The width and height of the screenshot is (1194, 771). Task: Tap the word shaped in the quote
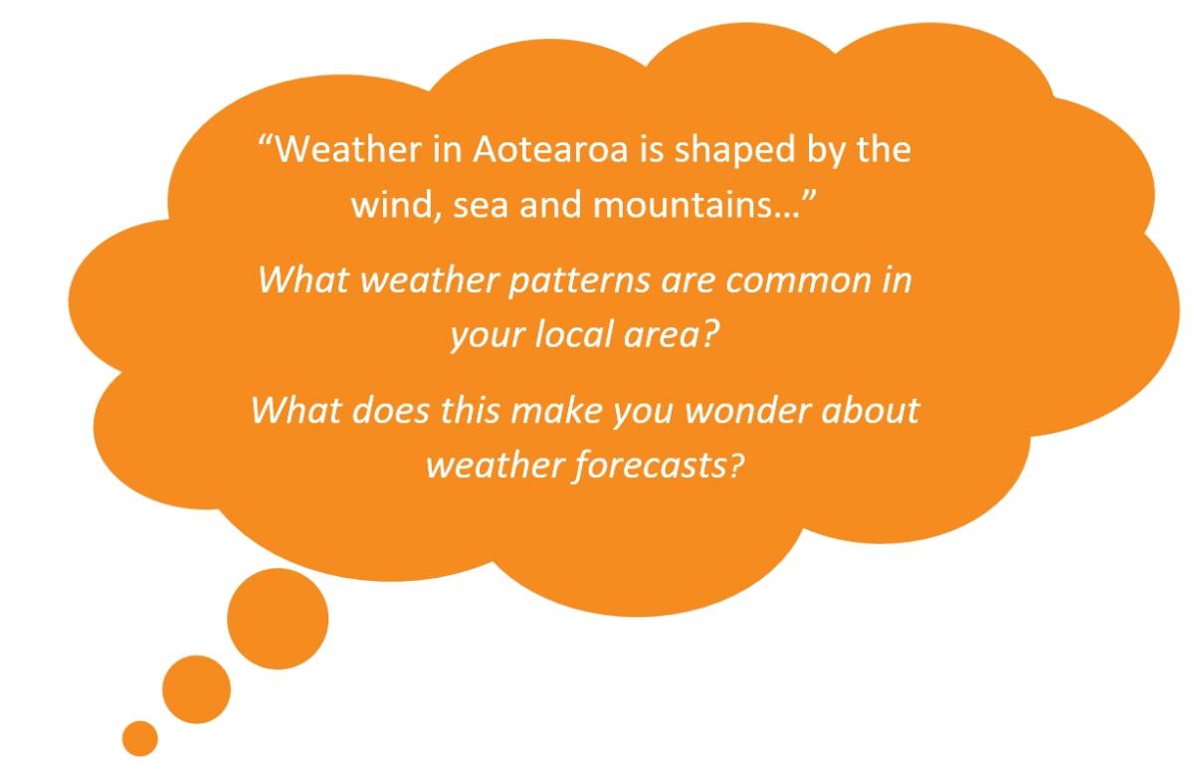(735, 151)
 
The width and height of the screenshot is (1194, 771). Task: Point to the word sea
(481, 206)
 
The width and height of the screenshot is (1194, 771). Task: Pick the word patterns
(579, 281)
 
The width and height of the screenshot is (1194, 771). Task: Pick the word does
(391, 411)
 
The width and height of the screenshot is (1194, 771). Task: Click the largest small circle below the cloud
(278, 619)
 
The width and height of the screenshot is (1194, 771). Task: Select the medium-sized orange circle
(197, 689)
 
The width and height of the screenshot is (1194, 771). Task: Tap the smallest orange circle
(140, 738)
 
